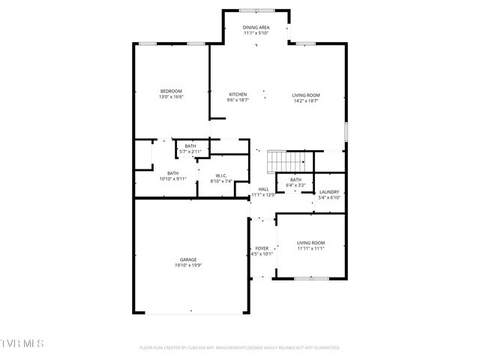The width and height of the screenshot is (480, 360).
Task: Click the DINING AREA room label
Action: click(256, 27)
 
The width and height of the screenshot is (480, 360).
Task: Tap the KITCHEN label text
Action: click(238, 94)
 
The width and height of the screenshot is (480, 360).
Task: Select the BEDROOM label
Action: click(171, 91)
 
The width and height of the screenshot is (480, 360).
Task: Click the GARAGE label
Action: click(187, 259)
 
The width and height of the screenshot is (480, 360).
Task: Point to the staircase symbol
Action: click(288, 160)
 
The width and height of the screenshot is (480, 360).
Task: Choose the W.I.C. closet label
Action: click(221, 175)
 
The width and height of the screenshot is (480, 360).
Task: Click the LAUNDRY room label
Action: click(329, 192)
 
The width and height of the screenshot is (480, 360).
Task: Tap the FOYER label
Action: click(262, 248)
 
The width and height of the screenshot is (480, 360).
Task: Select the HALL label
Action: click(263, 189)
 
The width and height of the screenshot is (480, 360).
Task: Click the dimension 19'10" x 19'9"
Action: click(187, 265)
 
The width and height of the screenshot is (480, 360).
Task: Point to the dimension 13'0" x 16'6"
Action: click(171, 97)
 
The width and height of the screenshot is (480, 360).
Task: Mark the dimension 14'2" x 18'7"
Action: click(306, 100)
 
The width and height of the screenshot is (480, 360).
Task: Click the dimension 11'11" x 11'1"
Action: click(310, 248)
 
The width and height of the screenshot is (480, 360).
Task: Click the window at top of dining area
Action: click(256, 10)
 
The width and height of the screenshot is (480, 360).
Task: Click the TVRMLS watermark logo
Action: click(22, 343)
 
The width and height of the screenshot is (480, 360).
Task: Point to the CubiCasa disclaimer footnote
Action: click(240, 348)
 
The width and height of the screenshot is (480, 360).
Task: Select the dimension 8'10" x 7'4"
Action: click(221, 181)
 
